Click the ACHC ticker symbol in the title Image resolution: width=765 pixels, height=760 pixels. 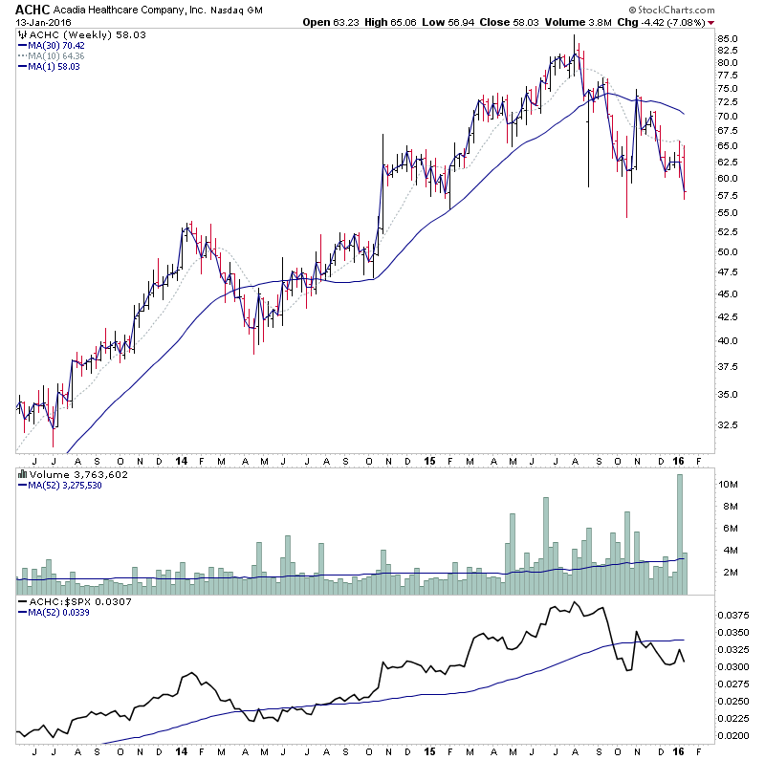27,9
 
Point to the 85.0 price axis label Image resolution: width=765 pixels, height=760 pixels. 729,39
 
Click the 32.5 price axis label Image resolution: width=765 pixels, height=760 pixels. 729,425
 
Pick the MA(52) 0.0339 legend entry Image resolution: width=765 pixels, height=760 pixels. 60,613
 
